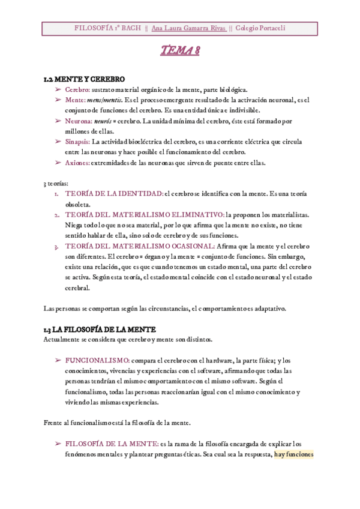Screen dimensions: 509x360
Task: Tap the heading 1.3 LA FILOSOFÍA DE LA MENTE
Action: [x=100, y=330]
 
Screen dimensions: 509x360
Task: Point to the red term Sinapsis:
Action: [x=77, y=142]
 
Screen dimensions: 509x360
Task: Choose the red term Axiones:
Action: [x=77, y=163]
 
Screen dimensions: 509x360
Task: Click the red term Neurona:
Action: [x=79, y=121]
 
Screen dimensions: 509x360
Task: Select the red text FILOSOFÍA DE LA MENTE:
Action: [x=112, y=444]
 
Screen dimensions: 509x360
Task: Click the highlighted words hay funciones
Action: [x=294, y=454]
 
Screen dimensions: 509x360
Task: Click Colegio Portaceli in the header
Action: [x=260, y=28]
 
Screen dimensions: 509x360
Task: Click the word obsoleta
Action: [x=77, y=205]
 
